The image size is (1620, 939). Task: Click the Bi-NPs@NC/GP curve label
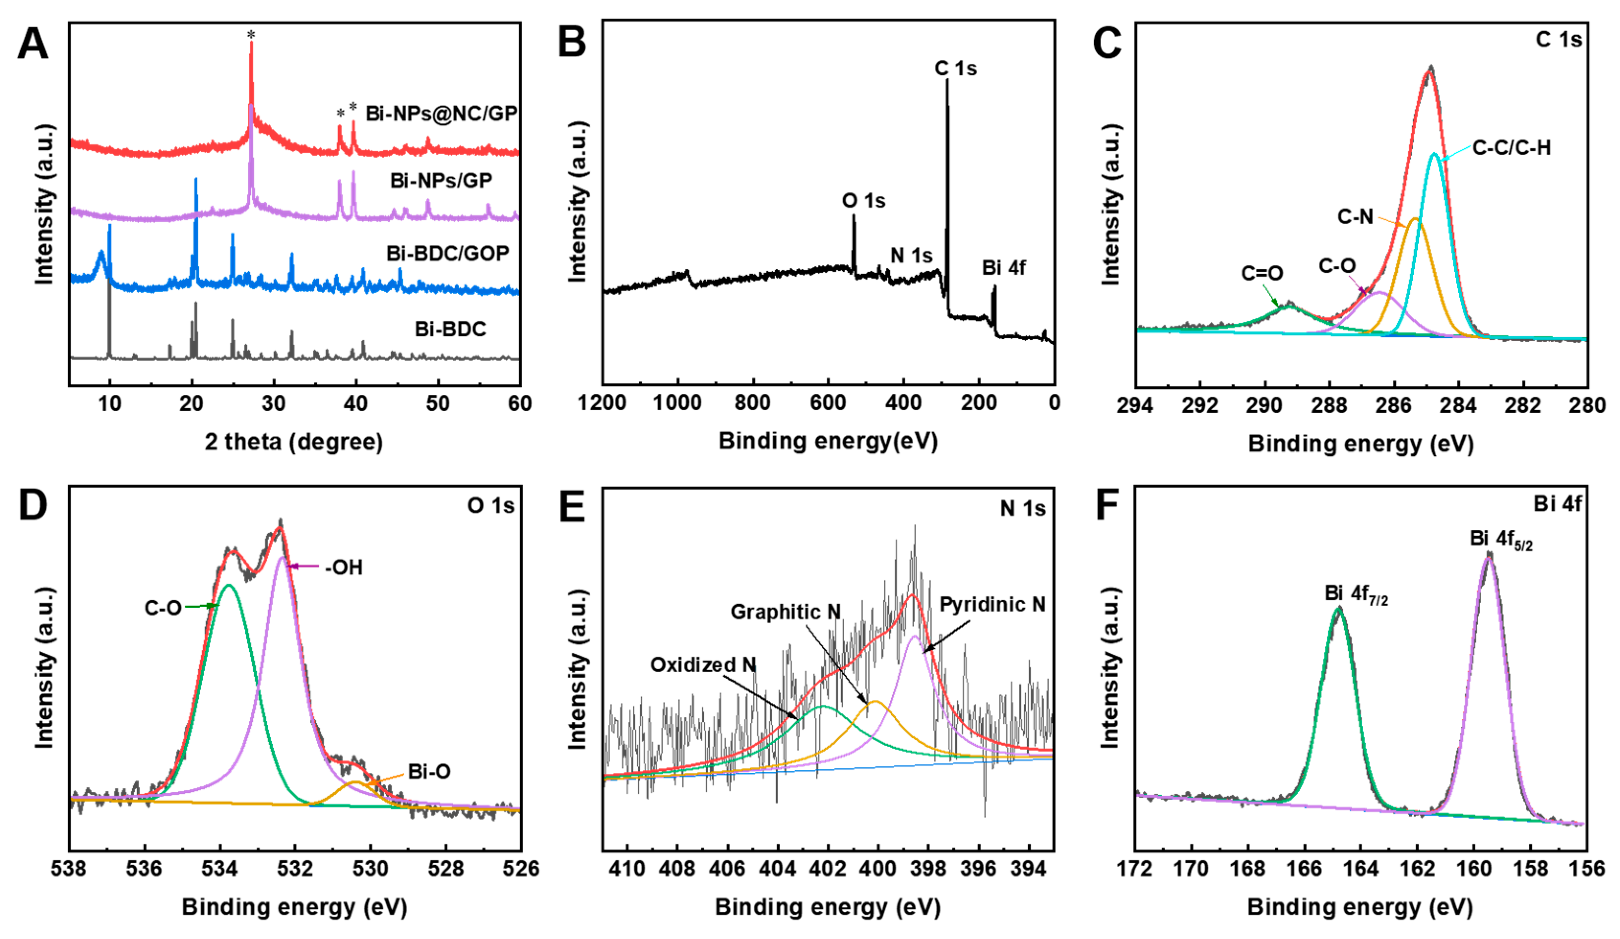pyautogui.click(x=441, y=114)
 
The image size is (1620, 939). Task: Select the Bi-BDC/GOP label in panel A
pyautogui.click(x=447, y=253)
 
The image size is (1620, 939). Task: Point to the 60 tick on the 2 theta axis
pyautogui.click(x=519, y=404)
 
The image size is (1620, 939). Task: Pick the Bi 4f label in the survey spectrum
pyautogui.click(x=1003, y=267)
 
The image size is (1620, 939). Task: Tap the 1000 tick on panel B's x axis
pyautogui.click(x=677, y=403)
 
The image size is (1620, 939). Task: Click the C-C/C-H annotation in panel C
pyautogui.click(x=1511, y=149)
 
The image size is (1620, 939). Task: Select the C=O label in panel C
pyautogui.click(x=1261, y=274)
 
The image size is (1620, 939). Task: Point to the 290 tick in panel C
pyautogui.click(x=1265, y=406)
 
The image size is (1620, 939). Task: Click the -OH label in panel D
pyautogui.click(x=344, y=567)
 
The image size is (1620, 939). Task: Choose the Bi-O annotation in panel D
pyautogui.click(x=429, y=771)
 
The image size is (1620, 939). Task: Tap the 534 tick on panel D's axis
pyautogui.click(x=220, y=869)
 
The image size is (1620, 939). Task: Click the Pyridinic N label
pyautogui.click(x=992, y=605)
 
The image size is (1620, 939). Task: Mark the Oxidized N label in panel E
pyautogui.click(x=703, y=664)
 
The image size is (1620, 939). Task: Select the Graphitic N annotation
pyautogui.click(x=785, y=612)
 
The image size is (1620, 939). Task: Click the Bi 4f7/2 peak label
pyautogui.click(x=1355, y=594)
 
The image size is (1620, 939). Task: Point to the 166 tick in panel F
pyautogui.click(x=1304, y=869)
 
